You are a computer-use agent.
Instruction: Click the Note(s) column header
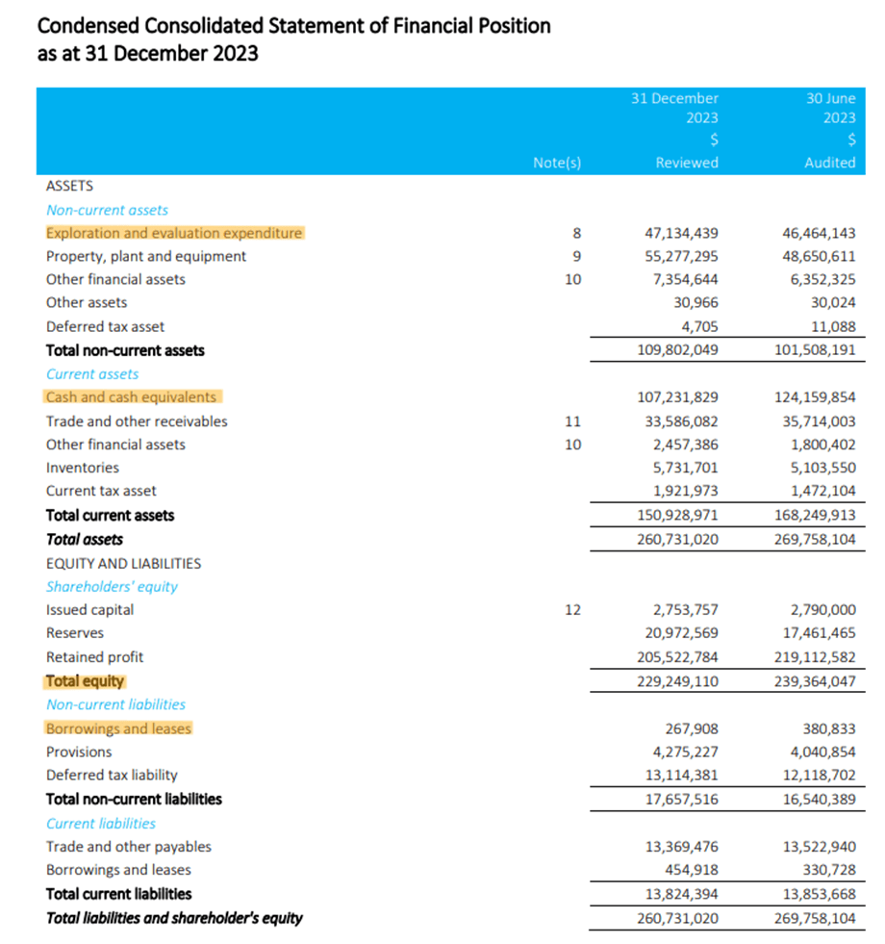tap(557, 163)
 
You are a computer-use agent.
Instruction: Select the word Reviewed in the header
tap(686, 163)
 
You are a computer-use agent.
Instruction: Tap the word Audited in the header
tap(829, 163)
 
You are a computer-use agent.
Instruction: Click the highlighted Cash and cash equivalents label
tap(132, 396)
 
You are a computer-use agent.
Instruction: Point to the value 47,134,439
tap(680, 233)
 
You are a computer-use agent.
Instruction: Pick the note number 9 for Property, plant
tap(577, 256)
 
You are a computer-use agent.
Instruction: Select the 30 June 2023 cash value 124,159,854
tap(814, 396)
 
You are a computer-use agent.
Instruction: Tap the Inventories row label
tap(83, 468)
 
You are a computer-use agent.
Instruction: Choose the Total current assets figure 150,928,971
tap(677, 515)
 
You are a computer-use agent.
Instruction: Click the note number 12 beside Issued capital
tap(573, 609)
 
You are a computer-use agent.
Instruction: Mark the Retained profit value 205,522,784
tap(677, 656)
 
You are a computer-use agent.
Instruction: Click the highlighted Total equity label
tap(85, 680)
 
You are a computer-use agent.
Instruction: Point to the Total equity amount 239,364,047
tap(814, 680)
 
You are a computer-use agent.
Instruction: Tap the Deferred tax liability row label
tap(112, 775)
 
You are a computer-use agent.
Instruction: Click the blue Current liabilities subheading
tap(101, 823)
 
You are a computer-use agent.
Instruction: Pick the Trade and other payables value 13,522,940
tap(818, 846)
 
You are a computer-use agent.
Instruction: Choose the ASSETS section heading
tap(69, 186)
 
